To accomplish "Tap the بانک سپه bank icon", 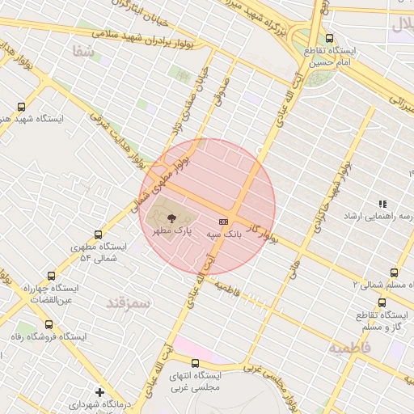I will (x=223, y=221).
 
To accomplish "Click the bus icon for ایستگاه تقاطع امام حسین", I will (x=328, y=38).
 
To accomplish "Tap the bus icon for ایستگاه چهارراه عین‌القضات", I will (x=53, y=276).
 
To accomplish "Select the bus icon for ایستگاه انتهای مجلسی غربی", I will (x=195, y=364).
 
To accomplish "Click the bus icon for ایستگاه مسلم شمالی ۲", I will (x=394, y=272).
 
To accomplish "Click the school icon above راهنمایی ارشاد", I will (x=382, y=205).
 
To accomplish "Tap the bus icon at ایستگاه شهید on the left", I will (x=21, y=106).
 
